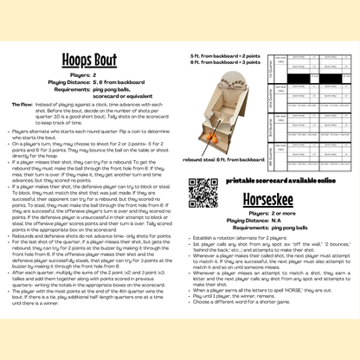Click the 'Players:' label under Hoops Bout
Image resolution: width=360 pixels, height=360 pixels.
click(x=82, y=75)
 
